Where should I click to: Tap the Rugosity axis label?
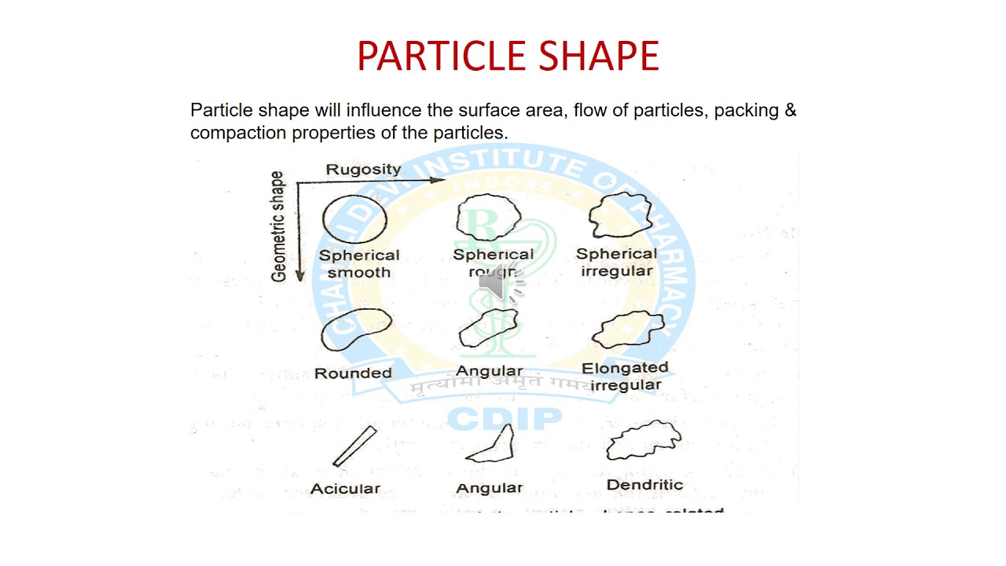coord(363,169)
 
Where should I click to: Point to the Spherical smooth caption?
coord(359,263)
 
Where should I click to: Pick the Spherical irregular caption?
coord(616,263)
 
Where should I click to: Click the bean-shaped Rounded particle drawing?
coord(355,330)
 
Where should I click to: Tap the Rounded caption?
coord(353,373)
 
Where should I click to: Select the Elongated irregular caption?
coord(625,376)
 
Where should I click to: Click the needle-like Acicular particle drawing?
coord(355,447)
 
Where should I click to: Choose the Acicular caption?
coord(345,488)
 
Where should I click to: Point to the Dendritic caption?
coord(644,484)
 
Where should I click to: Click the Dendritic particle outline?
coord(643,441)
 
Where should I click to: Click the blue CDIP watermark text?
coord(505,419)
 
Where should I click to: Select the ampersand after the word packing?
coord(791,110)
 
